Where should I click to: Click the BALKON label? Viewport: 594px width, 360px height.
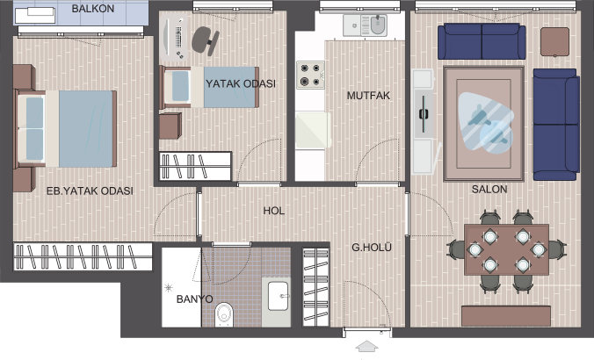click(93, 8)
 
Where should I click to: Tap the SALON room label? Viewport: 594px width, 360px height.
click(489, 189)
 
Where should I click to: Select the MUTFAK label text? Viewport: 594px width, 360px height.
click(368, 96)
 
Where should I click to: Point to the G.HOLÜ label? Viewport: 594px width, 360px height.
click(371, 248)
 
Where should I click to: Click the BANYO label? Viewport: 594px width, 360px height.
click(194, 299)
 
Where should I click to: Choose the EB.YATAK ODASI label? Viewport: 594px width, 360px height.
click(90, 191)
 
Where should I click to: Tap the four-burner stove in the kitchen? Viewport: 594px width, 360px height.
click(310, 75)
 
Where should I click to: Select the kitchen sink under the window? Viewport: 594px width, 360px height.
click(366, 25)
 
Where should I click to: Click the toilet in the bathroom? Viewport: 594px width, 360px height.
click(224, 314)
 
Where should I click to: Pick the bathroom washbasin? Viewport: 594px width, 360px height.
click(279, 296)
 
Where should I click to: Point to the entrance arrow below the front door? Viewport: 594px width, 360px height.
click(366, 346)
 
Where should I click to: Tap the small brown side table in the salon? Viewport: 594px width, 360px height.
click(554, 41)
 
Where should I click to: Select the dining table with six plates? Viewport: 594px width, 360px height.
click(506, 250)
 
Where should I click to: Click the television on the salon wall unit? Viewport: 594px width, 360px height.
click(424, 113)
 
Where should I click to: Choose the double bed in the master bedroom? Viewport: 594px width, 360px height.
click(65, 129)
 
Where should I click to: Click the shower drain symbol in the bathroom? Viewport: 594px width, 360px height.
click(169, 289)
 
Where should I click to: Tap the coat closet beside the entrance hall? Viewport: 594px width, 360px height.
click(316, 287)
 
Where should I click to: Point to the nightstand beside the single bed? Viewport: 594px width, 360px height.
click(170, 126)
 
